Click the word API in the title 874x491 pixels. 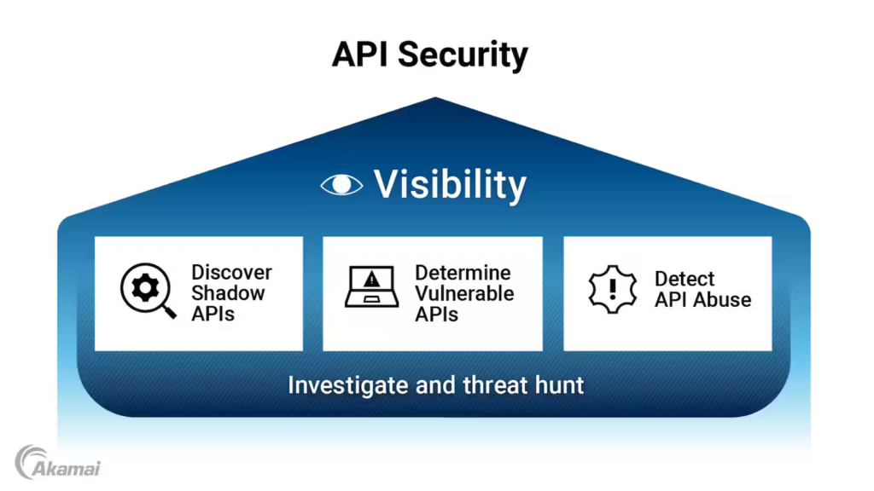tap(359, 55)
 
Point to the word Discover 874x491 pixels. tap(231, 273)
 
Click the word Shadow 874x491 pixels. tap(228, 293)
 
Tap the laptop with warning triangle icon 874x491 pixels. tap(371, 287)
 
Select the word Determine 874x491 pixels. tap(463, 273)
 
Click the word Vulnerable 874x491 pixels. tap(464, 293)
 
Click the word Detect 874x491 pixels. tap(685, 279)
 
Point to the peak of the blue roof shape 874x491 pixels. tap(435, 99)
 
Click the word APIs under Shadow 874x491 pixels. tap(213, 314)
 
